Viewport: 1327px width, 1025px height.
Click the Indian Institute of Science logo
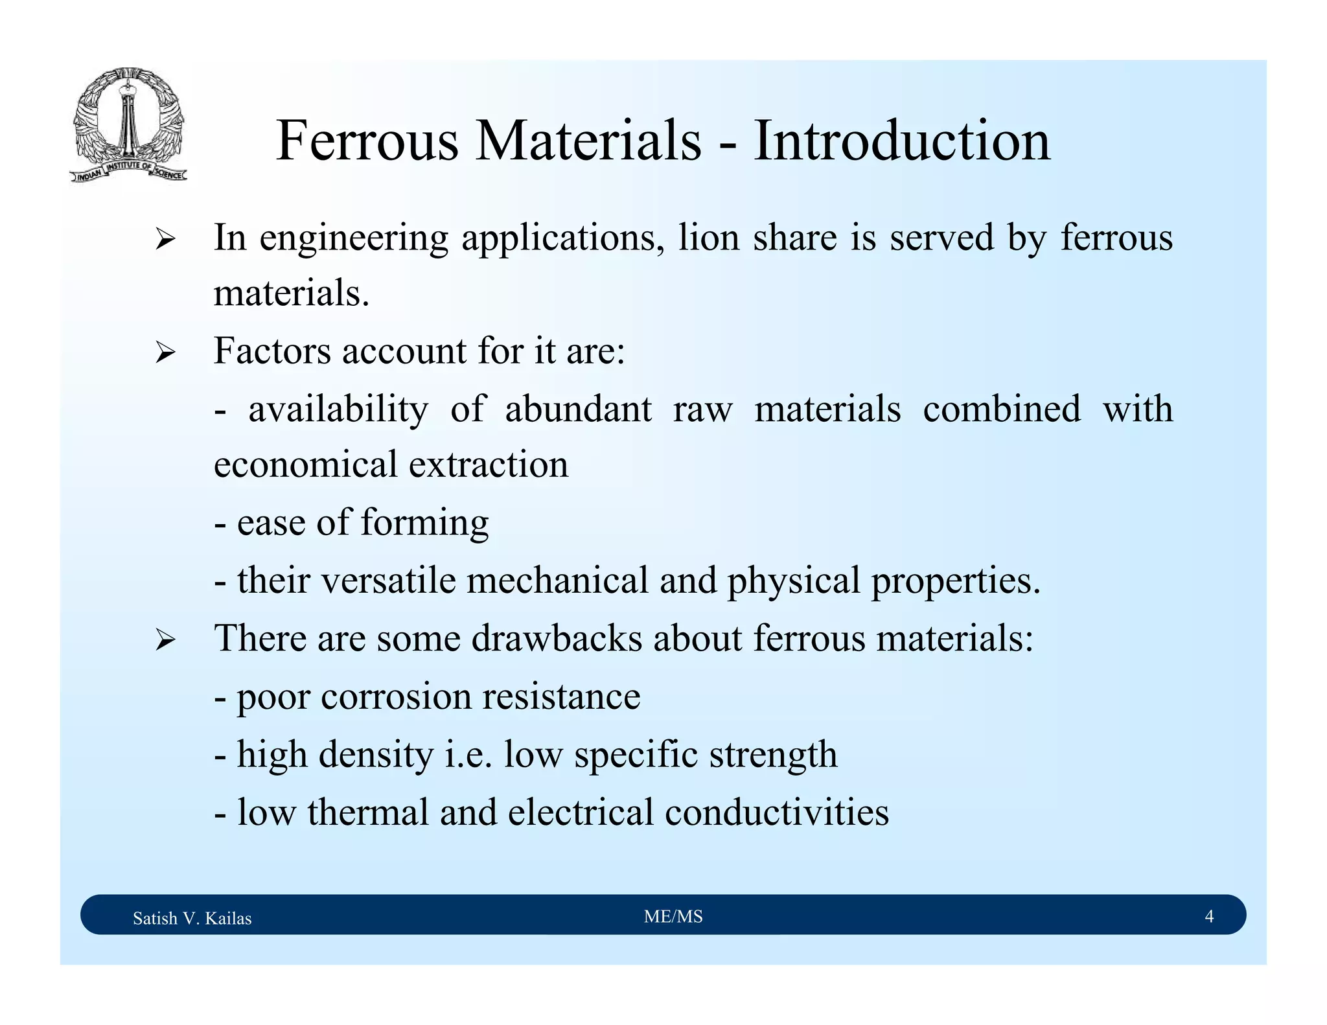(x=128, y=124)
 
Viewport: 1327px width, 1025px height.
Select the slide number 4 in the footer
(x=1208, y=916)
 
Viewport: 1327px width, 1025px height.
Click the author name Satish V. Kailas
(x=192, y=917)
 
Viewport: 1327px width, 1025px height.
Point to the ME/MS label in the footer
(x=673, y=916)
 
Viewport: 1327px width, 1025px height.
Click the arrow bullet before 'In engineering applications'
(x=165, y=240)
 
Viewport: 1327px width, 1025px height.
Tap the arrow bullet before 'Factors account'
(x=165, y=354)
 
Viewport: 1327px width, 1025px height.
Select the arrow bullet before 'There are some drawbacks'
(x=165, y=641)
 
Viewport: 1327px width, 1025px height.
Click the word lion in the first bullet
(x=709, y=237)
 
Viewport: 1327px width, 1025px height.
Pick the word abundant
(x=578, y=409)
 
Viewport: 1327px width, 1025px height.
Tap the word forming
(x=424, y=523)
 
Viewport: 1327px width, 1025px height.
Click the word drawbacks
(x=557, y=638)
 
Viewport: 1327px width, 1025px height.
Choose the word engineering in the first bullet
(x=354, y=238)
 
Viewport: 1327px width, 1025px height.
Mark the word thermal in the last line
(x=368, y=812)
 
